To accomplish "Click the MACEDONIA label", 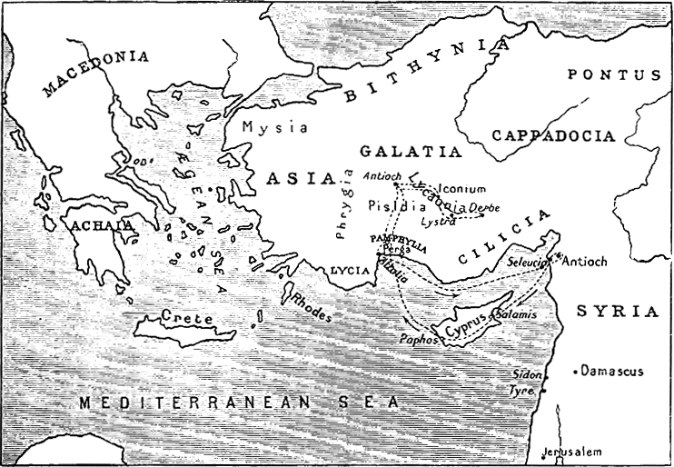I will click(94, 72).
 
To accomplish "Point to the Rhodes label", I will click(311, 306).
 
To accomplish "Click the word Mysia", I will click(270, 127).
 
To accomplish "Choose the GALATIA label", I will click(410, 151).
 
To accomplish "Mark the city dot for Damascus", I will click(576, 372).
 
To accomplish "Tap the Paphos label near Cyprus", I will click(419, 339).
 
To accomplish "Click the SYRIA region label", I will click(617, 311).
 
